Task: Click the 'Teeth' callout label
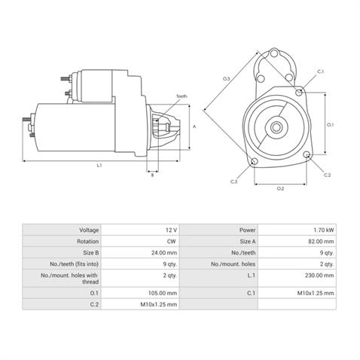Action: (182, 97)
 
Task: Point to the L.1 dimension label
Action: (99, 165)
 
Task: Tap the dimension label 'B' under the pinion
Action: (152, 175)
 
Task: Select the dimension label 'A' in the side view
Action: (195, 127)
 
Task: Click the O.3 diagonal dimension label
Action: (226, 78)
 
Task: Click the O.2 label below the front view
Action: (280, 188)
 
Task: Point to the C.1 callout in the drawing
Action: (321, 72)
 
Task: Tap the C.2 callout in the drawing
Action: (327, 175)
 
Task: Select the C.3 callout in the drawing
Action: (234, 182)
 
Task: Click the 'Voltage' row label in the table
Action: (89, 229)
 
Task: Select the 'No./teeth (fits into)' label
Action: (73, 266)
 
